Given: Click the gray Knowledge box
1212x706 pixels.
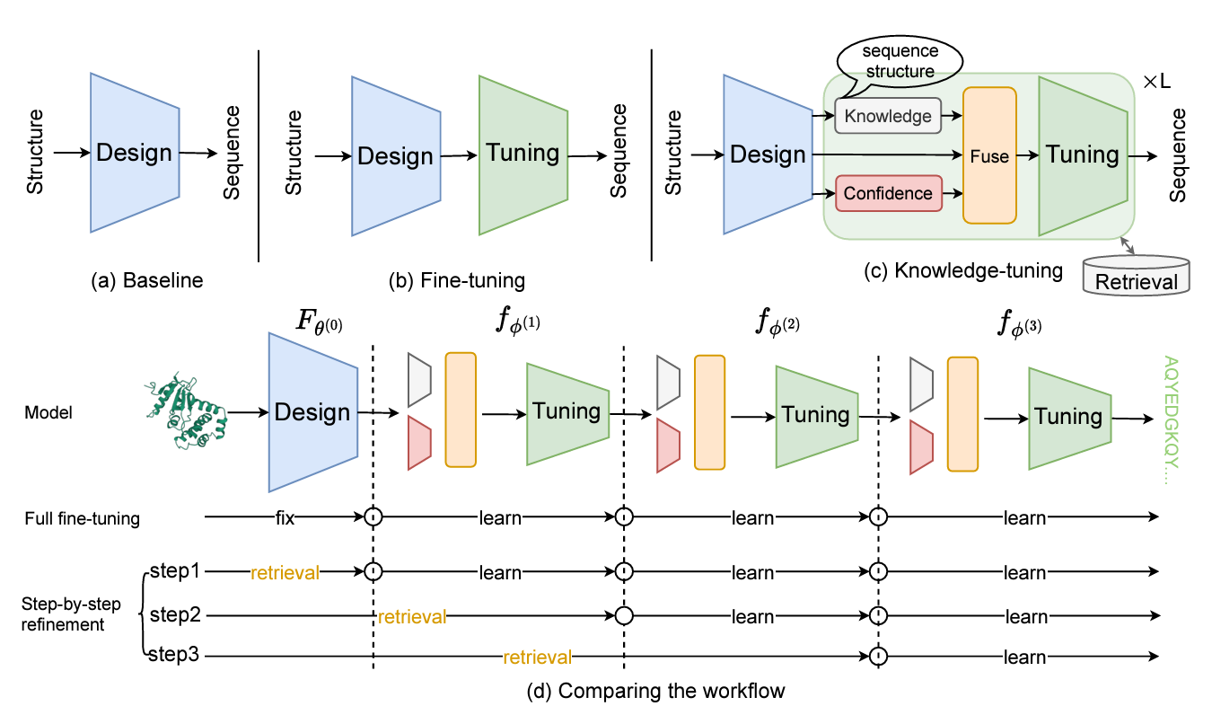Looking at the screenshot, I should (x=888, y=115).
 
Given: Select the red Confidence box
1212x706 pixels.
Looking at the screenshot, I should (x=888, y=193).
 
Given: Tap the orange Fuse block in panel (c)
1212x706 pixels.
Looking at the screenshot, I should (x=989, y=155).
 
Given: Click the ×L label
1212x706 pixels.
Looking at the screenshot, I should (x=1156, y=82).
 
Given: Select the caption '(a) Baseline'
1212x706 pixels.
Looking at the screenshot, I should (x=147, y=280).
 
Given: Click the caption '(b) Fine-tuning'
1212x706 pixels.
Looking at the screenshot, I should (x=457, y=280).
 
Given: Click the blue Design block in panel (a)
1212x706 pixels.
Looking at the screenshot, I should (x=135, y=153).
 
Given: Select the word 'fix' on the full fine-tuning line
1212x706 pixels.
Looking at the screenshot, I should (x=285, y=518).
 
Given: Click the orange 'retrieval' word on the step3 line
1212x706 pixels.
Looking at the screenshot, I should (x=537, y=657).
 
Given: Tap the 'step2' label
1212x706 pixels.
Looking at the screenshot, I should (x=175, y=615).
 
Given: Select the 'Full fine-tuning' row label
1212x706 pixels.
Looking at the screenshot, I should (x=83, y=518).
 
